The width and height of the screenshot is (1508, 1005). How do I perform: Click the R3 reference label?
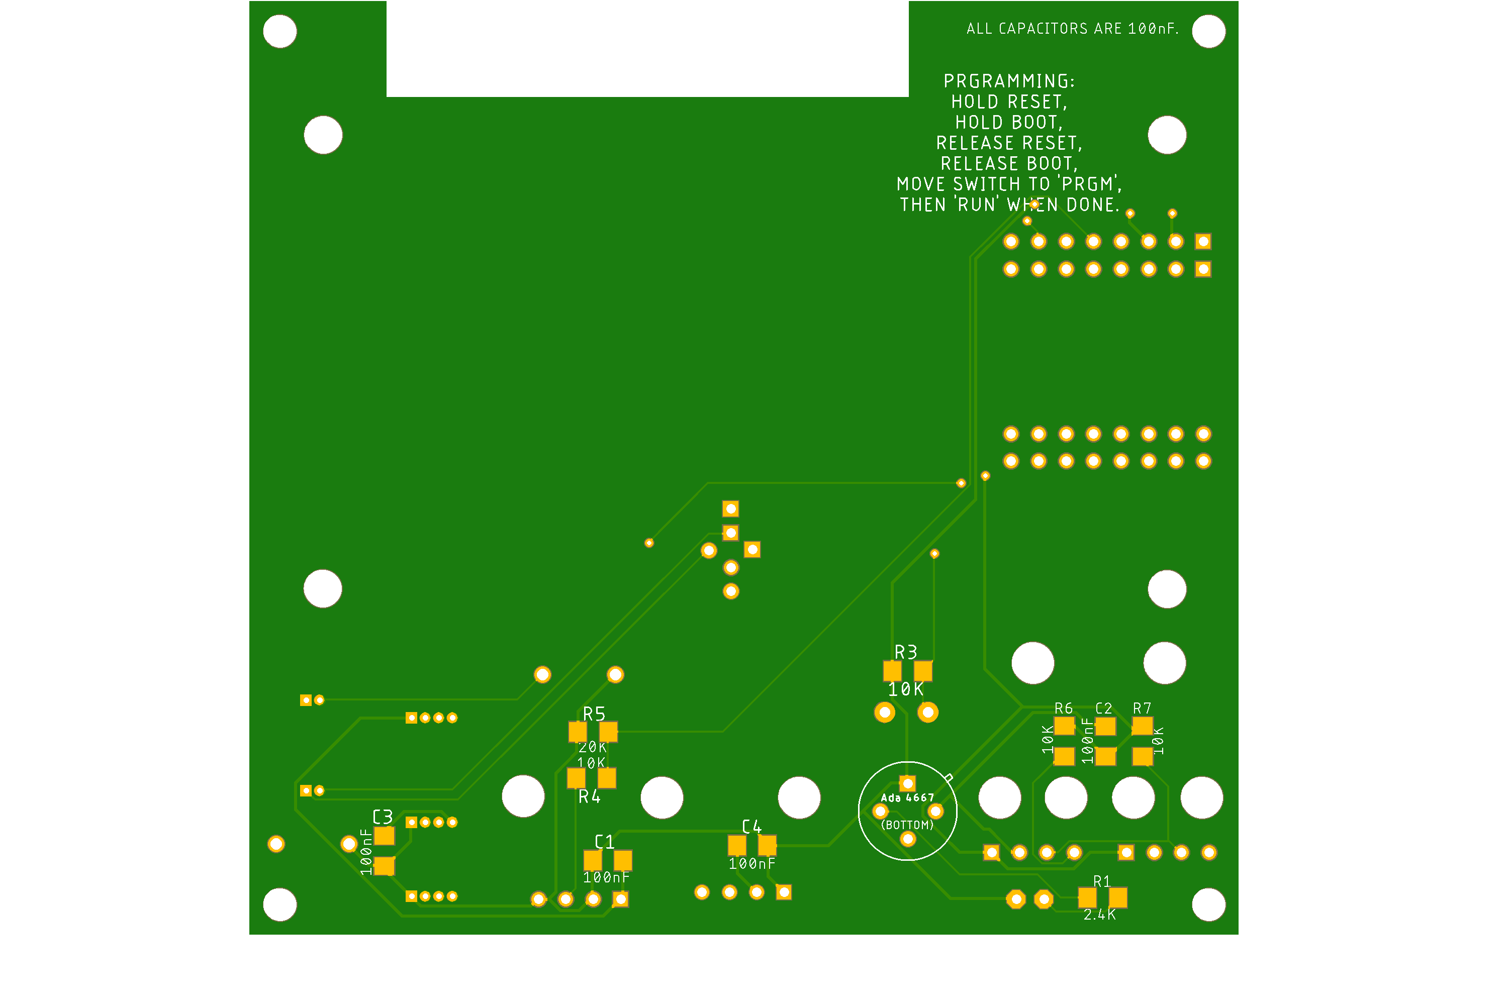pyautogui.click(x=906, y=652)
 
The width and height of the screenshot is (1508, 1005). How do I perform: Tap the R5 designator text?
pyautogui.click(x=594, y=714)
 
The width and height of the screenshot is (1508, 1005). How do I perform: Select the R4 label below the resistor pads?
pyautogui.click(x=589, y=796)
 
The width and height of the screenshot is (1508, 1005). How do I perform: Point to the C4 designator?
pyautogui.click(x=751, y=827)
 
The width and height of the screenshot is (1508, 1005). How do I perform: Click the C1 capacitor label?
pyautogui.click(x=605, y=842)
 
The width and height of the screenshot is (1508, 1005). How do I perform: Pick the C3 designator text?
pyautogui.click(x=383, y=817)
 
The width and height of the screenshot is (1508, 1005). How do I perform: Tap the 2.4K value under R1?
pyautogui.click(x=1100, y=915)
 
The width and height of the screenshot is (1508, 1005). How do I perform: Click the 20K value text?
pyautogui.click(x=593, y=747)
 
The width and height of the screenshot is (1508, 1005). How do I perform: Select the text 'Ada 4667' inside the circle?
pyautogui.click(x=907, y=798)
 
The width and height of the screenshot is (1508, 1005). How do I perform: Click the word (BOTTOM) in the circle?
pyautogui.click(x=907, y=826)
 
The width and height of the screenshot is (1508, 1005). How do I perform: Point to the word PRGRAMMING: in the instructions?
pyautogui.click(x=1009, y=81)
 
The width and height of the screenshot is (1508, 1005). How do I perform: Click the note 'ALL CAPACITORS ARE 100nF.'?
pyautogui.click(x=1073, y=29)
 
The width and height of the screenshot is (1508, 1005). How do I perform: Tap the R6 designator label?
pyautogui.click(x=1064, y=708)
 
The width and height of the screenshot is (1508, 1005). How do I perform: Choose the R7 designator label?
pyautogui.click(x=1142, y=708)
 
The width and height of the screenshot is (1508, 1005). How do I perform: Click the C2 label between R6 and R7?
pyautogui.click(x=1103, y=708)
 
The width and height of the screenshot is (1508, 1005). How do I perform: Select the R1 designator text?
pyautogui.click(x=1101, y=882)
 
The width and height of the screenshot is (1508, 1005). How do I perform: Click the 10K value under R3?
pyautogui.click(x=906, y=689)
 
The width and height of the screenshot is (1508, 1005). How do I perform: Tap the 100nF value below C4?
pyautogui.click(x=752, y=864)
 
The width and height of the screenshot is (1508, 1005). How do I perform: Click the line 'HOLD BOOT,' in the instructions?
pyautogui.click(x=1009, y=123)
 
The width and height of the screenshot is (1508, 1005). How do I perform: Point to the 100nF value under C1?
pyautogui.click(x=607, y=877)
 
